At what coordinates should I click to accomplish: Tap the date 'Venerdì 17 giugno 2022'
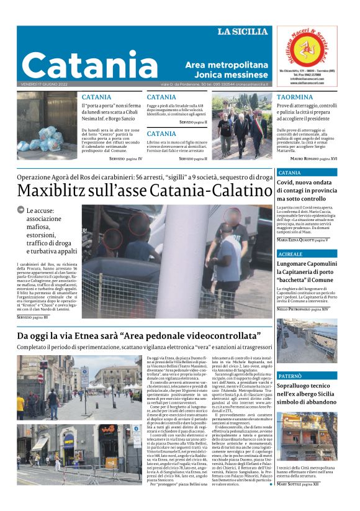(x=42, y=84)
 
